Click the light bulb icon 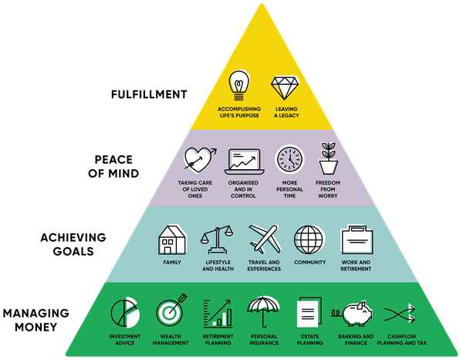coord(239,85)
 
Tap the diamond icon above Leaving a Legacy coord(285,87)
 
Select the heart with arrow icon coord(200,159)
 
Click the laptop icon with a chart coord(245,161)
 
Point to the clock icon coord(290,159)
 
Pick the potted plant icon coord(328,158)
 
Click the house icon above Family coord(172,240)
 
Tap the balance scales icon coord(217,239)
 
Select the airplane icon coord(264,239)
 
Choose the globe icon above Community coord(309,239)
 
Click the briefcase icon coord(357,239)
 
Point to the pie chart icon coord(125,312)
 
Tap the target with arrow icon coord(171,311)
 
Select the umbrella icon coord(263,311)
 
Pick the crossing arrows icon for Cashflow coord(400,314)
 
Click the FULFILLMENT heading coord(149,94)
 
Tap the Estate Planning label coord(309,339)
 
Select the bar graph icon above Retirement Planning coord(218,314)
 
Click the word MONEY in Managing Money coord(36,327)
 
